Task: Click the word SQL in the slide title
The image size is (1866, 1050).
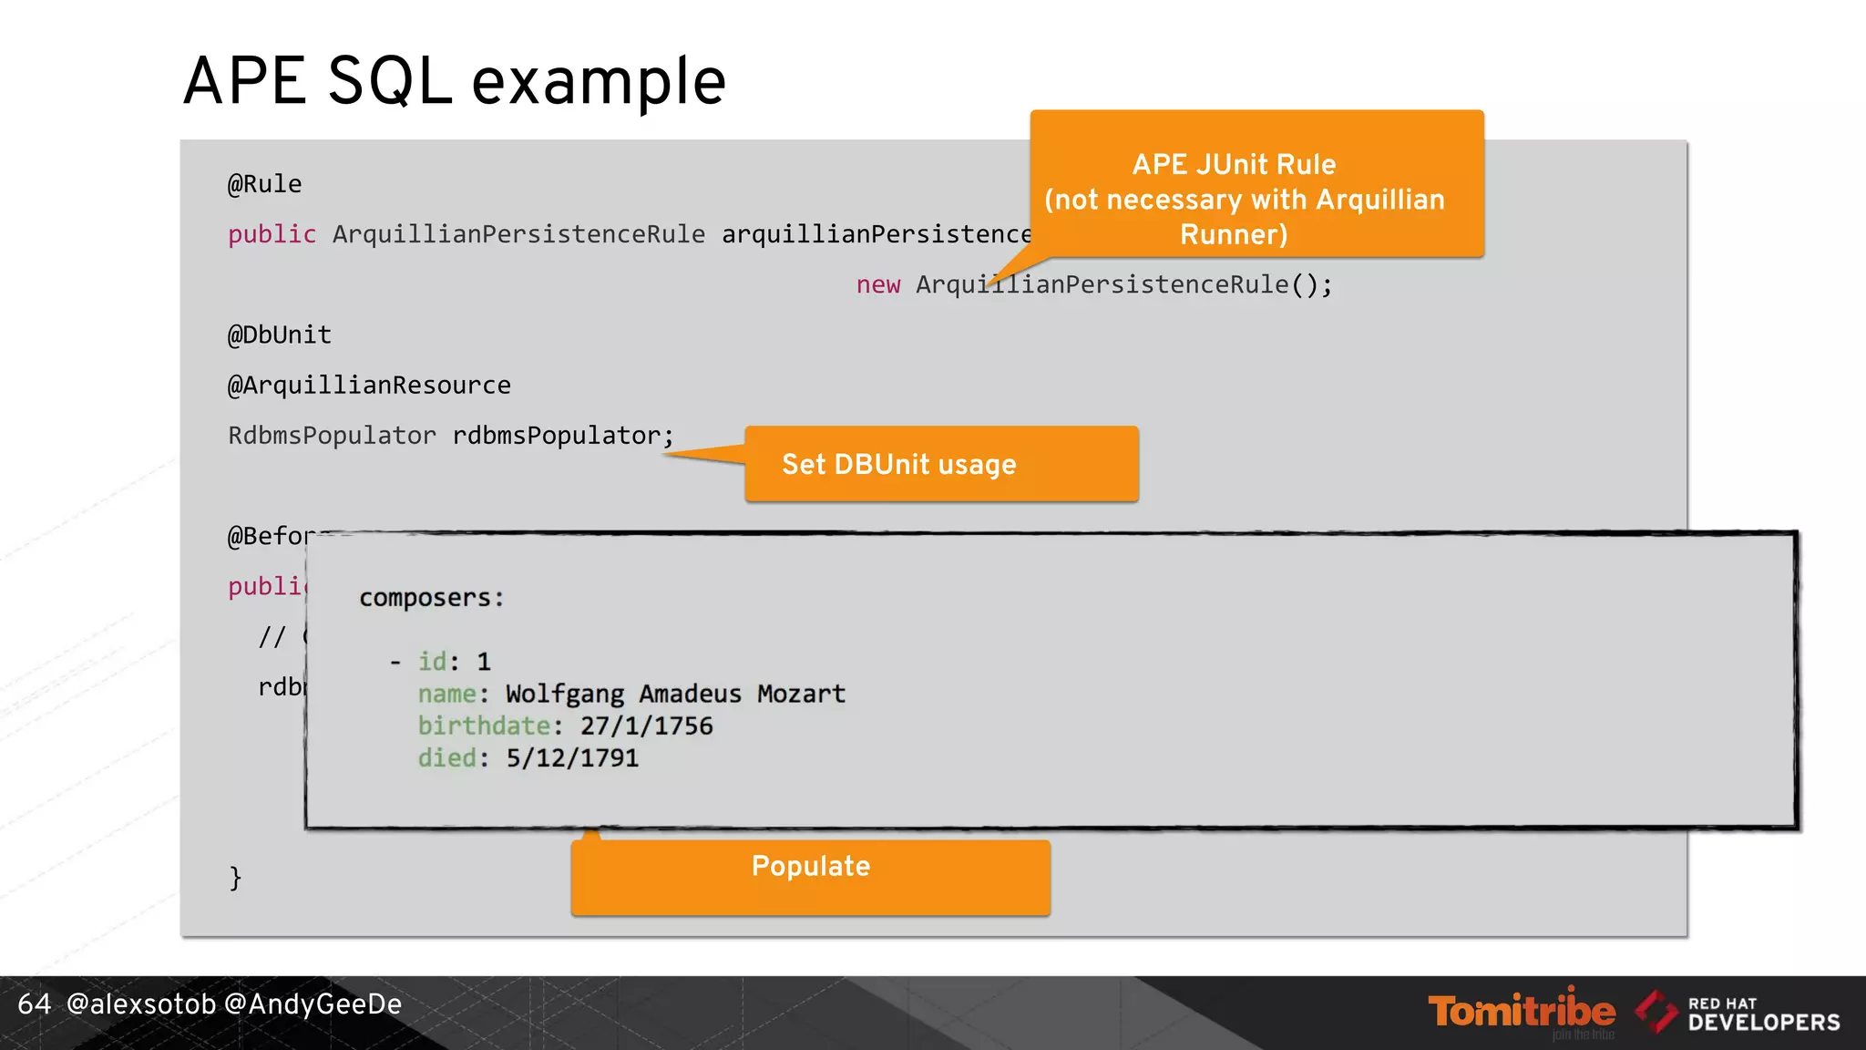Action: point(389,82)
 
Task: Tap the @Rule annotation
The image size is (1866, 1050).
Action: point(264,184)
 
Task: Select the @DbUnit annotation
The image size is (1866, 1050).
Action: point(279,335)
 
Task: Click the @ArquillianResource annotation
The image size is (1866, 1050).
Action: point(369,385)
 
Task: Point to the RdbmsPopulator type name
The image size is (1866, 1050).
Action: point(332,436)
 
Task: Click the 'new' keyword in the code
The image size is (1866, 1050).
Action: point(877,284)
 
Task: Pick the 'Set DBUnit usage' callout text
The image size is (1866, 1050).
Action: point(898,464)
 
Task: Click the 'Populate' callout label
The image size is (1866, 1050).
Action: point(810,866)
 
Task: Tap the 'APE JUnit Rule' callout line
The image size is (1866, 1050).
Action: point(1234,164)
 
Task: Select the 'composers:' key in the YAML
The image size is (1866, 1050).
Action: point(431,598)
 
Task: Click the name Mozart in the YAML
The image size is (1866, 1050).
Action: point(801,694)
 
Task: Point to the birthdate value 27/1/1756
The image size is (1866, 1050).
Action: point(647,726)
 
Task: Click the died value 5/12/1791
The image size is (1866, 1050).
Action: point(572,757)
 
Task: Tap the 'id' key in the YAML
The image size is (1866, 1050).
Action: point(432,661)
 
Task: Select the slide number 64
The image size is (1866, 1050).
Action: point(34,1004)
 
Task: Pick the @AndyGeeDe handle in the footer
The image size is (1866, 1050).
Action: point(313,1004)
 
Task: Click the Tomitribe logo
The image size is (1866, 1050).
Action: point(1521,1011)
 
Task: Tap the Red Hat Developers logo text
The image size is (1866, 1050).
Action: point(1763,1014)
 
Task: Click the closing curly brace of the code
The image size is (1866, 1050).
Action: point(235,878)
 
